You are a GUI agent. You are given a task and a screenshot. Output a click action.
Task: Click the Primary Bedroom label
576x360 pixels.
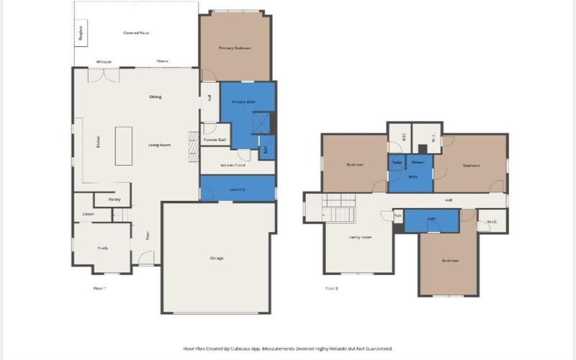pos(235,48)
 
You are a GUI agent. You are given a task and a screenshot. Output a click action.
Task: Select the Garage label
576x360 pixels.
pos(217,258)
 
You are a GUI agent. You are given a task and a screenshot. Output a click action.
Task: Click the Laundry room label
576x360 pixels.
pos(238,189)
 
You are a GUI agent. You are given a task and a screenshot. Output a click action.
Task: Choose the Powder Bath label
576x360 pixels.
pos(215,139)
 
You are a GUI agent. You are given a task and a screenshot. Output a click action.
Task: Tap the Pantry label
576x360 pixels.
pos(114,199)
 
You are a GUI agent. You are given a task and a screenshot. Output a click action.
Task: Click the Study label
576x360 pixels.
pos(102,248)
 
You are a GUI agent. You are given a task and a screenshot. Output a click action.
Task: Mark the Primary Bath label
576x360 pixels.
pos(243,102)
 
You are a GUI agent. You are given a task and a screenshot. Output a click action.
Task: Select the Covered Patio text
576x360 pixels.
pos(136,33)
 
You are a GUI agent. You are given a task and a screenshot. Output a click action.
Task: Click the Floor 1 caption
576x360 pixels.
pos(99,288)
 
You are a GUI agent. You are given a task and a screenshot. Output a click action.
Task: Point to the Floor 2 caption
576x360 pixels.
pos(331,288)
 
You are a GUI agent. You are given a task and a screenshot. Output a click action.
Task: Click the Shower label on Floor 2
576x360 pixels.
pos(418,163)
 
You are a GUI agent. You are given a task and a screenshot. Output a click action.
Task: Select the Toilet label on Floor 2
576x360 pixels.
pos(397,163)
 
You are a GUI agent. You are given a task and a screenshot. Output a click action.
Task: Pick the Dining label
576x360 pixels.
pos(155,96)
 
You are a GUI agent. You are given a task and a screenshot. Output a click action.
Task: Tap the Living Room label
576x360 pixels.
pos(159,145)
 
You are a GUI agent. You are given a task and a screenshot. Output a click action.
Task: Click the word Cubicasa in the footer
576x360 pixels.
pos(240,348)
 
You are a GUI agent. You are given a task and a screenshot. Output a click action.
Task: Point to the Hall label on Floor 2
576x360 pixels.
pos(448,199)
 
